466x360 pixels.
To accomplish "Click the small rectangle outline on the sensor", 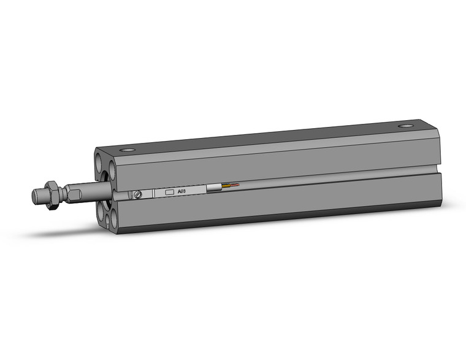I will pyautogui.click(x=170, y=192).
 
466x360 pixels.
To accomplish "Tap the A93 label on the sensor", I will pyautogui.click(x=182, y=191).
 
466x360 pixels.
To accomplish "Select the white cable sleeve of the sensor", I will pyautogui.click(x=215, y=188).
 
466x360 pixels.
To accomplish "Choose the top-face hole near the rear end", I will pyautogui.click(x=405, y=126).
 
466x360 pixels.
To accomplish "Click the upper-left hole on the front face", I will pyautogui.click(x=101, y=165).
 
